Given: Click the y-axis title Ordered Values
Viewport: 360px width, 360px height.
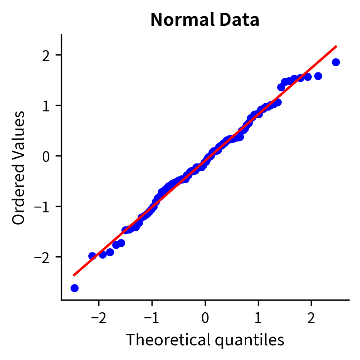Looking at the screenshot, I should coord(19,168).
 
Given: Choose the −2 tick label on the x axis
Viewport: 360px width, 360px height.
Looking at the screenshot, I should coord(99,318).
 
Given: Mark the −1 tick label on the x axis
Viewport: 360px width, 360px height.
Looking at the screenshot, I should coord(152,318).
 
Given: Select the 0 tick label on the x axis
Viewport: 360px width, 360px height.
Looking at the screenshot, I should coord(205,318).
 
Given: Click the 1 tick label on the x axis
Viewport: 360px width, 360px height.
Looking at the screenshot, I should coord(258,318).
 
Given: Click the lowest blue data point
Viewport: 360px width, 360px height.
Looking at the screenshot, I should coord(74,288).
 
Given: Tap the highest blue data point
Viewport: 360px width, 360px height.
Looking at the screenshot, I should coord(336,62).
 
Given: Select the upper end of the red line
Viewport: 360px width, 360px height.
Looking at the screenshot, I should coord(336,46).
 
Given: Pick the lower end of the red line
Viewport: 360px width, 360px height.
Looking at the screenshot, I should coord(74,275).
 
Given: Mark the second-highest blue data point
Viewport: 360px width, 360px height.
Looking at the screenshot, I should coord(318,76).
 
